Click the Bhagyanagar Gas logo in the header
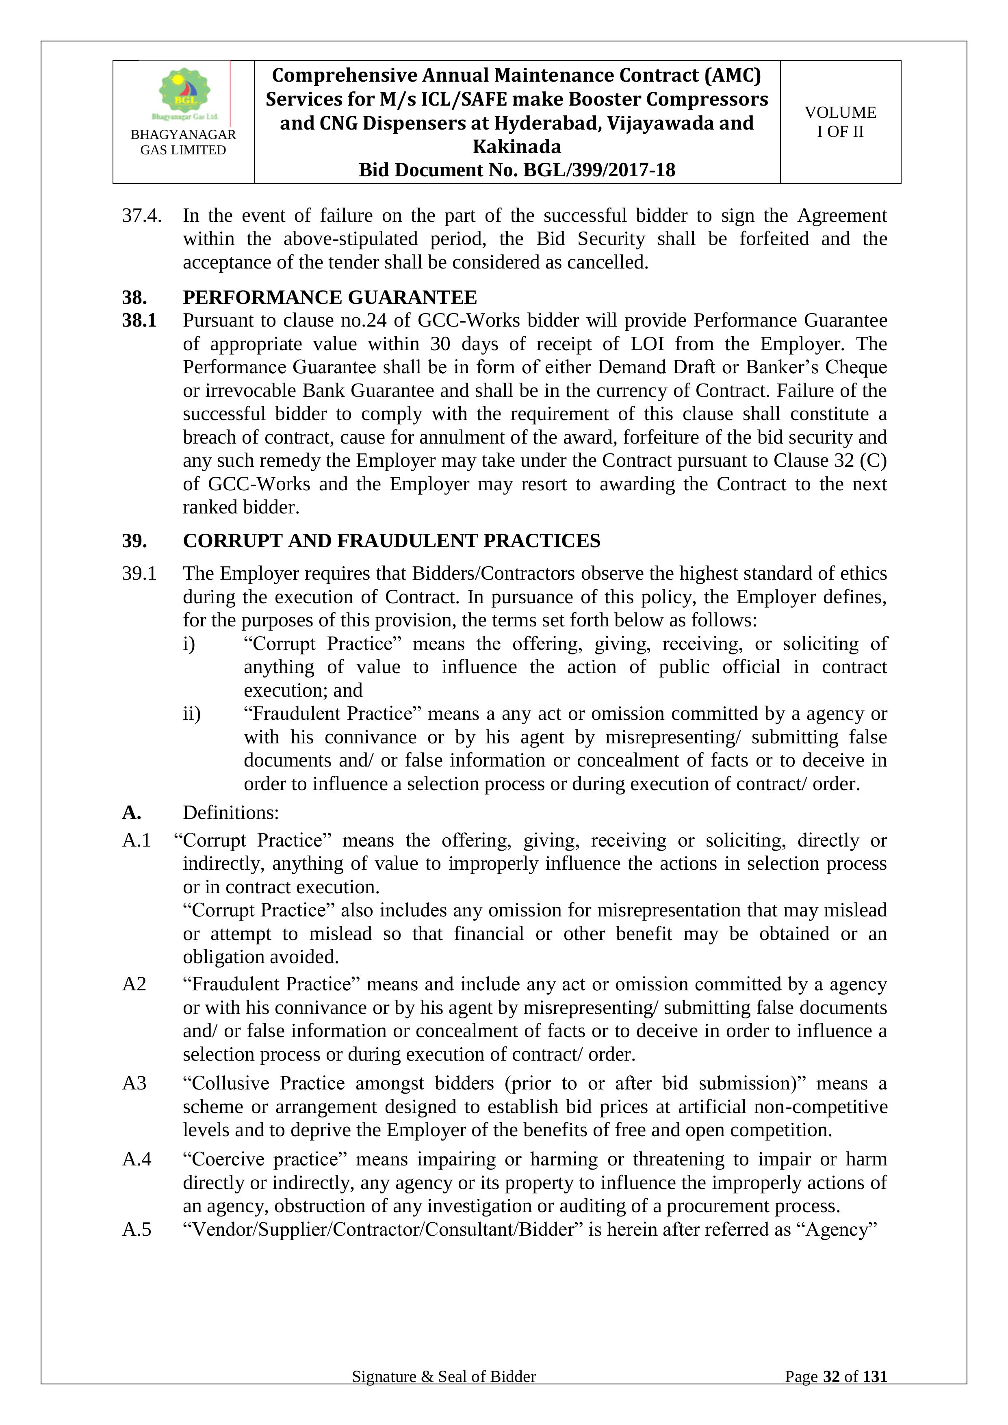pyautogui.click(x=184, y=93)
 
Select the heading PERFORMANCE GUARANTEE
pyautogui.click(x=329, y=297)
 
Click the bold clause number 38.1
pyautogui.click(x=139, y=320)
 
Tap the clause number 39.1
pyautogui.click(x=139, y=574)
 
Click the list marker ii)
pyautogui.click(x=191, y=714)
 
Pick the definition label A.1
pyautogui.click(x=137, y=840)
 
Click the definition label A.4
pyautogui.click(x=137, y=1159)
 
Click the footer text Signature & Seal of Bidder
pyautogui.click(x=444, y=1394)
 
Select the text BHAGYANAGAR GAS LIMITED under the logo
pyautogui.click(x=183, y=142)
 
